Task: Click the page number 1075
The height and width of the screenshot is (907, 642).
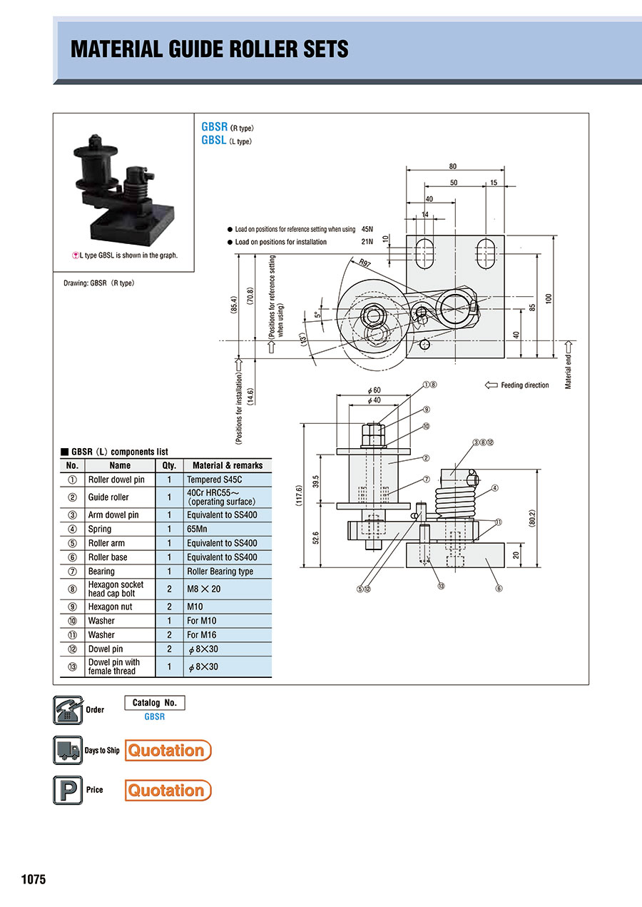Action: (33, 879)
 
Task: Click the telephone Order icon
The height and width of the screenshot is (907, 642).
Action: (68, 710)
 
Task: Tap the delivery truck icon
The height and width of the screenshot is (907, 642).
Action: (68, 750)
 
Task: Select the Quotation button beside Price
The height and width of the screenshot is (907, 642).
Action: (168, 790)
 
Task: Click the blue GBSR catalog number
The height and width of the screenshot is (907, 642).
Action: (154, 716)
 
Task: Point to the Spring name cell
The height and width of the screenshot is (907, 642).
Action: (100, 529)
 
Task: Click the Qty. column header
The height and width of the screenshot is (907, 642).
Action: (169, 465)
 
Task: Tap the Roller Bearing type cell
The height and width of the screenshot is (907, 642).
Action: (220, 571)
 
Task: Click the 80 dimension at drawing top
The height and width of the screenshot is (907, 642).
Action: (453, 166)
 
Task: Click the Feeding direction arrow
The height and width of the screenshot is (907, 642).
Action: (491, 385)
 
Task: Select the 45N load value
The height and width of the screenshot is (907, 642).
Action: (368, 229)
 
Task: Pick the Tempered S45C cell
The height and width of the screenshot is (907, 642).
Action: (214, 480)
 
